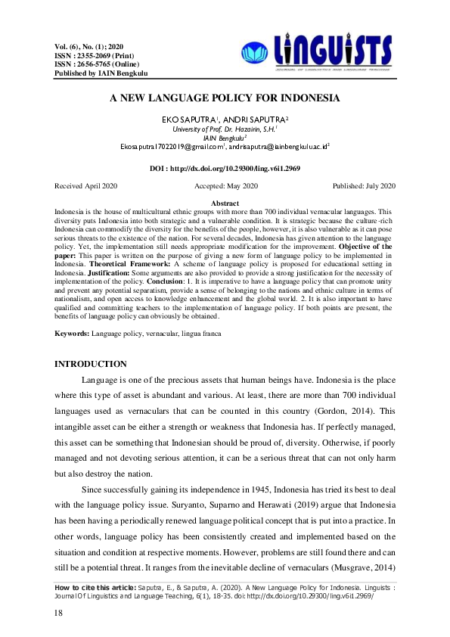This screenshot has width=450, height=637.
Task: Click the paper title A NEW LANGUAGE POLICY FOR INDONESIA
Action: click(x=225, y=98)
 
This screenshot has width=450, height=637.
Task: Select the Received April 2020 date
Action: click(x=86, y=185)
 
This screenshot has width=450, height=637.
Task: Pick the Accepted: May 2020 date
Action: click(x=226, y=185)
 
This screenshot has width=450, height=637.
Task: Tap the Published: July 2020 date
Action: click(x=364, y=185)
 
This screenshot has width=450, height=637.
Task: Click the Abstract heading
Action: click(x=225, y=204)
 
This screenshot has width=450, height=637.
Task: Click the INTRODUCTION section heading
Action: click(x=92, y=365)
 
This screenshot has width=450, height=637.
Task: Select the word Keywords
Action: click(x=73, y=333)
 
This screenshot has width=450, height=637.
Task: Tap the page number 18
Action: click(x=59, y=613)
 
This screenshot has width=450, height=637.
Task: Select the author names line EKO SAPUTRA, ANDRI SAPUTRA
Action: click(x=225, y=120)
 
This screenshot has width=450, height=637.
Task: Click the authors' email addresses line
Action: click(x=225, y=148)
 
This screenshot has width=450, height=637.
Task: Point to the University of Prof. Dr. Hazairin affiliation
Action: click(x=225, y=129)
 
